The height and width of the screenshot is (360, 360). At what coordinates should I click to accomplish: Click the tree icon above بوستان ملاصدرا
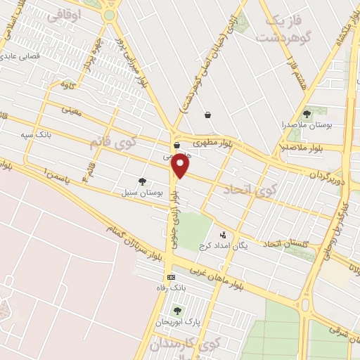click(306, 113)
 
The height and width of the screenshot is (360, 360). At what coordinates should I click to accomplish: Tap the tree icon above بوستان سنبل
click(143, 181)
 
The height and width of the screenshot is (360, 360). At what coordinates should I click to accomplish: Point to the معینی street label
click(72, 109)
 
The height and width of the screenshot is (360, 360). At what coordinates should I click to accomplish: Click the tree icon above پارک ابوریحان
click(176, 310)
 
